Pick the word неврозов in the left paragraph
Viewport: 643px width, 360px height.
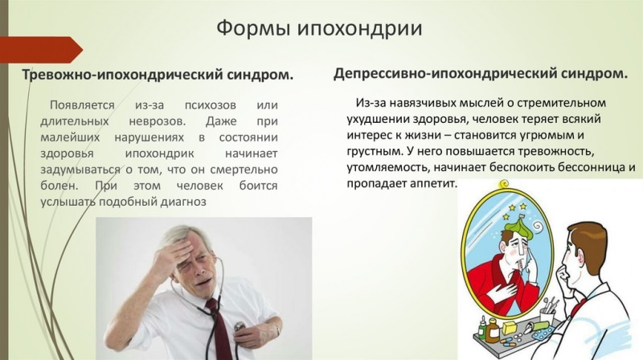point(144,121)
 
